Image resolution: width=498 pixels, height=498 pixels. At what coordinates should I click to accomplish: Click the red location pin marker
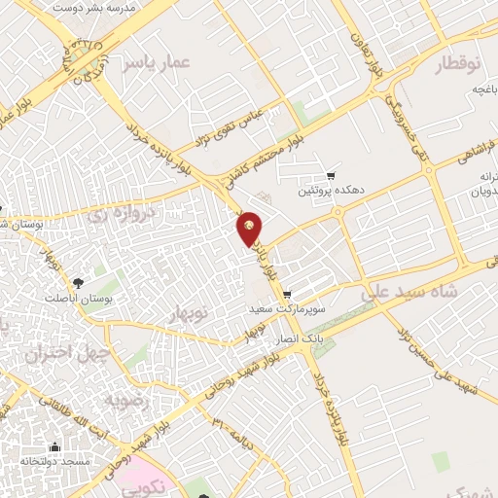(250, 228)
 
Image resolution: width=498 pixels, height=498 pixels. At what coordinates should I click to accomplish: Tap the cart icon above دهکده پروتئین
(332, 176)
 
